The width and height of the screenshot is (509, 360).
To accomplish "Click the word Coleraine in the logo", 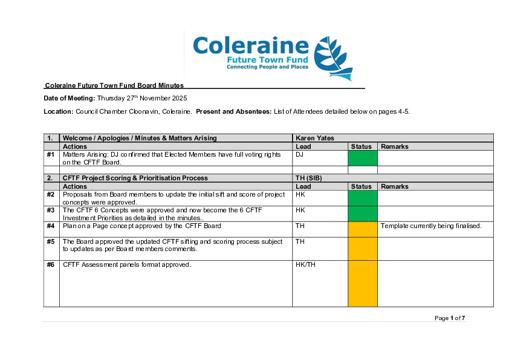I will point(251,46).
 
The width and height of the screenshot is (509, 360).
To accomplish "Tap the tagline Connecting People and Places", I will point(267,67).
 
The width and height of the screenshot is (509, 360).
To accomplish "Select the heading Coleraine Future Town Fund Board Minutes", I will point(114,86).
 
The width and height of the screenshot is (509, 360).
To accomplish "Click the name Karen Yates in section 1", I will point(315,138).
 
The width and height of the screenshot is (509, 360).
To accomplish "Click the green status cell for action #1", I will point(362,158).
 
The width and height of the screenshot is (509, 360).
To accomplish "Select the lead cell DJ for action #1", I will point(299,155).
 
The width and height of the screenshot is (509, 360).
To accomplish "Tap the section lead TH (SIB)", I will point(309,178).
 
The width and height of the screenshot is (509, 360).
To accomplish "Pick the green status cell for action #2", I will point(362,198).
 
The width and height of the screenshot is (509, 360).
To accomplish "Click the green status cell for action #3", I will point(362,214).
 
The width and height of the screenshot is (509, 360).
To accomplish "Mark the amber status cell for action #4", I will point(362,229).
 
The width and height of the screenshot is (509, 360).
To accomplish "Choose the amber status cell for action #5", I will point(362,249).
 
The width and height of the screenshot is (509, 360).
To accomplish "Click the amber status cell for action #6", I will point(362,283).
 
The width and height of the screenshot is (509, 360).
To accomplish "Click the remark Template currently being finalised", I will point(430,226).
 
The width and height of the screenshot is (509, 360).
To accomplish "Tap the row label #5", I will point(51,241).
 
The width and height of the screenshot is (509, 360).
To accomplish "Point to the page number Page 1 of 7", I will point(450,318).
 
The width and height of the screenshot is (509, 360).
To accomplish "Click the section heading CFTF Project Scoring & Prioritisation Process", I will point(135,178).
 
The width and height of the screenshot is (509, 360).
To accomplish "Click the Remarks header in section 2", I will point(395,186).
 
